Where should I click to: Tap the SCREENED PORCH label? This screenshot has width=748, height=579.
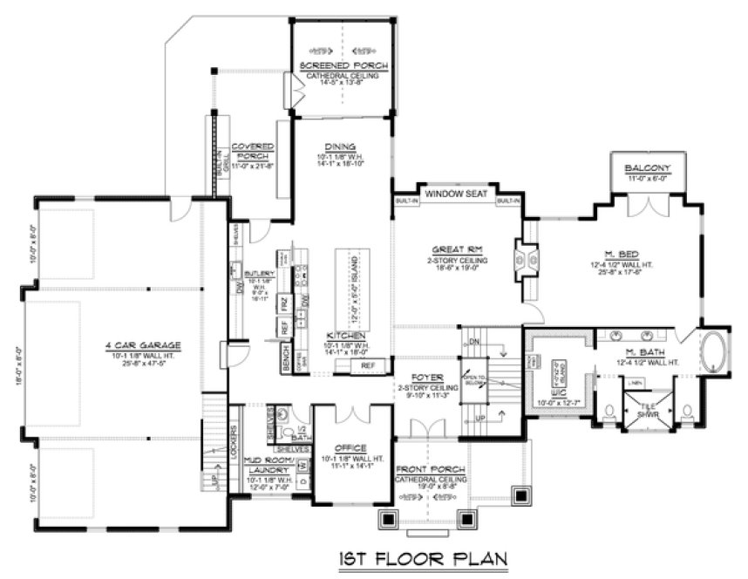[343, 66]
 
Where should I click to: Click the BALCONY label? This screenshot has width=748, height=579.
[647, 167]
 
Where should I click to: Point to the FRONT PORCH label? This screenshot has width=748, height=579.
[429, 469]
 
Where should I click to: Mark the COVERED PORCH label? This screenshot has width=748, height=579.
[253, 151]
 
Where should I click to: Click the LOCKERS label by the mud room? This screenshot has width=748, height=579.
[236, 433]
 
